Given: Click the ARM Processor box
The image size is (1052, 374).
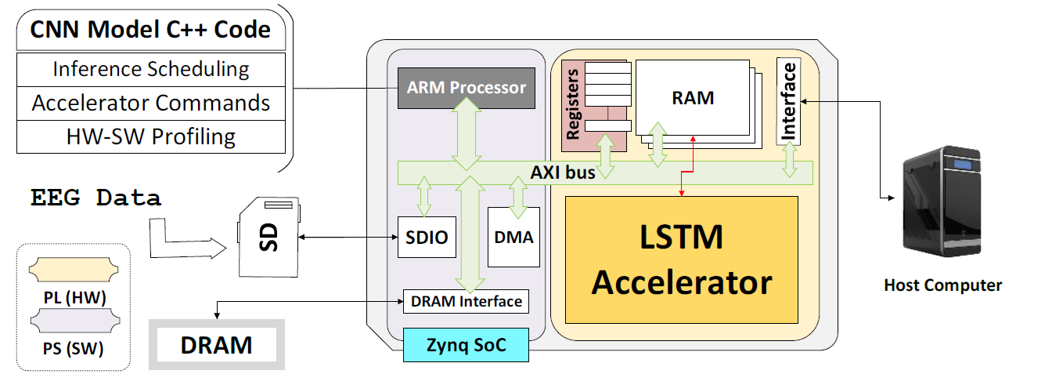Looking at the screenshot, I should pos(466,87).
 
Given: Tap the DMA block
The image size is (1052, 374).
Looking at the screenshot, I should pos(514,237).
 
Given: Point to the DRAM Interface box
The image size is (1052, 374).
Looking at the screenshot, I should pos(466,301).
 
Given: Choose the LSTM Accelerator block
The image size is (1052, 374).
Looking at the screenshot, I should pos(681,260).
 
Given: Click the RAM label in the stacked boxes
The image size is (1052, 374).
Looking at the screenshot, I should pos(693,98).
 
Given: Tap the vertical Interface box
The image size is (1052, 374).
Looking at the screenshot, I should pos(789,101).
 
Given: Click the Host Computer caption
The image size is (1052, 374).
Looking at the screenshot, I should pos(942,285).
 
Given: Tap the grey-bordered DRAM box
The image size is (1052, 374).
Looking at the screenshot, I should pos(217,344).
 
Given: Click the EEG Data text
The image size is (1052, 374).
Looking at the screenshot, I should pos(96,198).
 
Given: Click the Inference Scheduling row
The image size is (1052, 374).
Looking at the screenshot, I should pos(150,69).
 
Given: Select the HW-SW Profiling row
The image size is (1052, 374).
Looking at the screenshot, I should pos(150,136).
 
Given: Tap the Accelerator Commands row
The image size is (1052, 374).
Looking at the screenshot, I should pos(150,103).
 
